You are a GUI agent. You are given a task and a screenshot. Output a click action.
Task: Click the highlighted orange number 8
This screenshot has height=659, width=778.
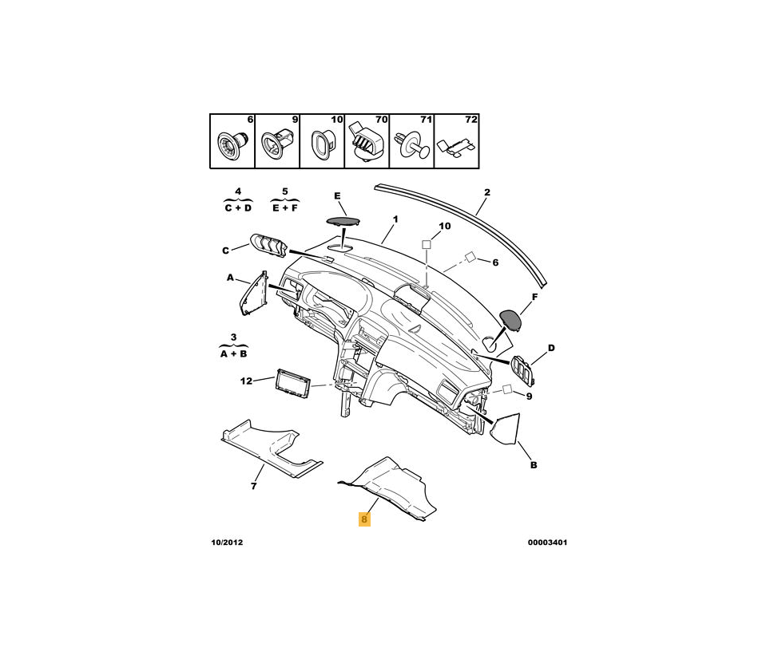[364, 519]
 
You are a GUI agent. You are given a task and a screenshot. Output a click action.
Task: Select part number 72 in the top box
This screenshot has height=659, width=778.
[470, 120]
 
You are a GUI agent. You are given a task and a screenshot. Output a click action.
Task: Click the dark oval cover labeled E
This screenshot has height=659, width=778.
[343, 221]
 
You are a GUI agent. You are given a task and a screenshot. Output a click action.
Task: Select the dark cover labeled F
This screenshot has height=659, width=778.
[511, 320]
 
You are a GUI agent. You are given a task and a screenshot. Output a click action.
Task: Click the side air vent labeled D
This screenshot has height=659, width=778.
[522, 370]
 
